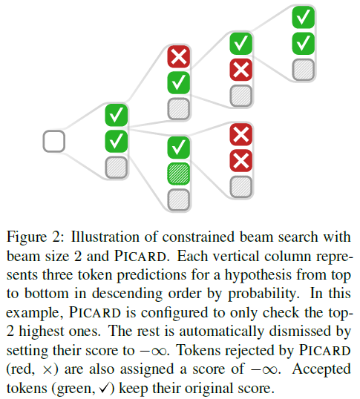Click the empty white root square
pyautogui.click(x=54, y=140)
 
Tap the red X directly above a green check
pyautogui.click(x=179, y=56)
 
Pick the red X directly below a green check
pyautogui.click(x=240, y=70)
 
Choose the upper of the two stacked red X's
pyautogui.click(x=240, y=134)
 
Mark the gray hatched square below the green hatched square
pyautogui.click(x=179, y=199)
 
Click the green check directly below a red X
pyautogui.click(x=179, y=82)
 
